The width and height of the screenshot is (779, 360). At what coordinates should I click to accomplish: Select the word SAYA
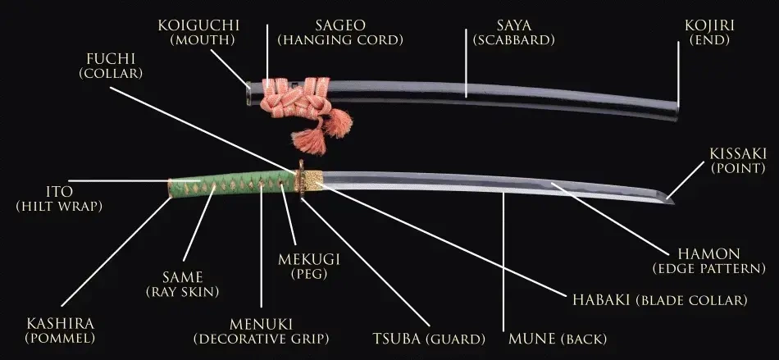pos(513,25)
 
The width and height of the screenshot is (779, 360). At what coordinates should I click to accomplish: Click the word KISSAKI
pos(738,153)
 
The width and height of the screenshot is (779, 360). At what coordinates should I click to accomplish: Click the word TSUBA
pos(395,339)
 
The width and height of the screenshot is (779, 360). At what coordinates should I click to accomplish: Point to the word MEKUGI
pos(309,259)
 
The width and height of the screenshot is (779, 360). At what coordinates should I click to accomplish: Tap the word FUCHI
pos(111,58)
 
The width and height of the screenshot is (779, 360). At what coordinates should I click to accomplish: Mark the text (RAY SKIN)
pos(183,292)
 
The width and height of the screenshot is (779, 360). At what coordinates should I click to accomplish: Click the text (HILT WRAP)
pos(59,207)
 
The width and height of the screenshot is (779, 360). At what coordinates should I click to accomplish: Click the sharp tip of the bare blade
pos(673,203)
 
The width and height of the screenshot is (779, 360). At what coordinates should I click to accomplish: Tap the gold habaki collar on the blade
pos(313,180)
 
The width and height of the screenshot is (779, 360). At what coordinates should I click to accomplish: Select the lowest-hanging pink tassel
pos(309,142)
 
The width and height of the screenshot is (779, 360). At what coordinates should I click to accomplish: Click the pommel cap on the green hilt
pos(170,188)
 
